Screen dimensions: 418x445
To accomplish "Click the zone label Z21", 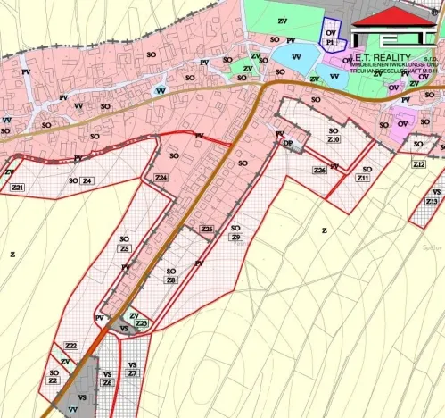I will (x=18, y=187).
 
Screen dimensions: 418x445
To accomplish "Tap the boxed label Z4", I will (x=87, y=180).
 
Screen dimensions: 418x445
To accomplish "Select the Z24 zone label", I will (x=161, y=179).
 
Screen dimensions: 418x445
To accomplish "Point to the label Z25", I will (x=207, y=230).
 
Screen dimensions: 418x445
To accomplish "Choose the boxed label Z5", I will (x=124, y=249).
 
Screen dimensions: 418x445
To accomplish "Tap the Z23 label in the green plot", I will (x=141, y=323).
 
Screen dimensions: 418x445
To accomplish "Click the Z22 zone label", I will (x=71, y=346).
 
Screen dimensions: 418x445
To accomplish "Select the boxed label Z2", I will (x=53, y=381).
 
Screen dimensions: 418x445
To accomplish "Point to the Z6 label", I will (x=107, y=382).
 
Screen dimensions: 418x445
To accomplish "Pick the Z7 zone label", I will (x=132, y=373).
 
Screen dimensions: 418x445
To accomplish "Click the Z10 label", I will (x=334, y=140).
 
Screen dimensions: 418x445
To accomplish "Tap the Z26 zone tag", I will (x=318, y=170).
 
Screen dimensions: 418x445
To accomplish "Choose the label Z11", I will (x=363, y=179).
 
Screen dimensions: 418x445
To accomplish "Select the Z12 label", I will (x=419, y=165).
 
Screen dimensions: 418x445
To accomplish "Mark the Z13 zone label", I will (x=432, y=202).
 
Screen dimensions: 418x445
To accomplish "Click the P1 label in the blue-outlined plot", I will (x=330, y=42).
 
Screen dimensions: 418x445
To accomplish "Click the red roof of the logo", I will (x=391, y=15).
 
